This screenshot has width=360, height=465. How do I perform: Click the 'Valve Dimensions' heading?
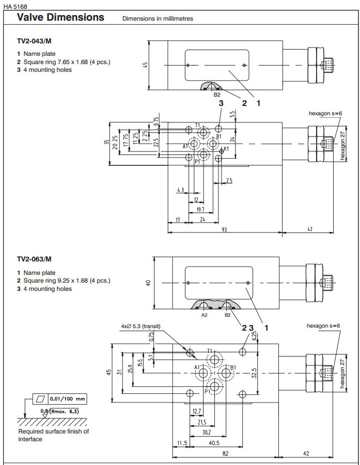pyautogui.click(x=60, y=17)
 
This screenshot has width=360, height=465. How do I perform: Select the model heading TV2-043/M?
pyautogui.click(x=34, y=40)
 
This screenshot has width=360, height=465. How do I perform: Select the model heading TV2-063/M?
pyautogui.click(x=34, y=259)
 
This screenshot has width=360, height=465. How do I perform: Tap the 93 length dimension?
pyautogui.click(x=224, y=229)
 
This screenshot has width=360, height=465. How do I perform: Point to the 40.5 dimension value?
pyautogui.click(x=214, y=443)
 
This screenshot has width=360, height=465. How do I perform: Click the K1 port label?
pyautogui.click(x=226, y=149)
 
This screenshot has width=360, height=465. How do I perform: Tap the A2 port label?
pyautogui.click(x=205, y=314)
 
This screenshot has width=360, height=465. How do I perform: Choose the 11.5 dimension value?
pyautogui.click(x=181, y=443)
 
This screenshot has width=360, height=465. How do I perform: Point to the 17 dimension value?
pyautogui.click(x=177, y=220)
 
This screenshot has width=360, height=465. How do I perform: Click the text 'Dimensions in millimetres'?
pyautogui.click(x=158, y=19)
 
